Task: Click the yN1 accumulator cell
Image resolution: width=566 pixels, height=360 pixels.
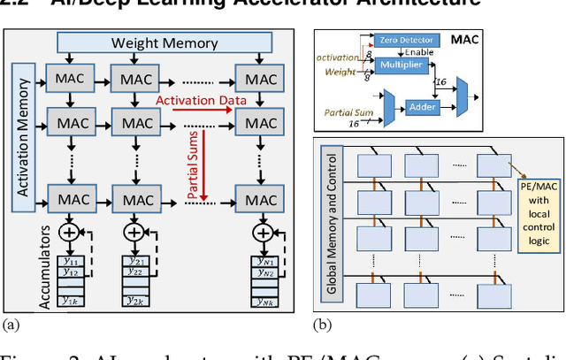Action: pyautogui.click(x=261, y=262)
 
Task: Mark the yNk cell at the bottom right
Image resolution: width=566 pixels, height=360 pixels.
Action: pyautogui.click(x=261, y=300)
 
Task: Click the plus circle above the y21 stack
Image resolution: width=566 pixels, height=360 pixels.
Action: pyautogui.click(x=134, y=233)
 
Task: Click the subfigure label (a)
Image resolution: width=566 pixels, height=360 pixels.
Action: pyautogui.click(x=11, y=325)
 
